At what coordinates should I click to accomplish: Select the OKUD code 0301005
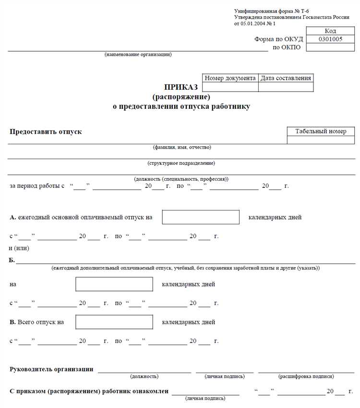pos(330,39)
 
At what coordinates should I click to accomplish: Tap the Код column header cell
pos(330,31)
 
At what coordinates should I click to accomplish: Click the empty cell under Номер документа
pos(230,87)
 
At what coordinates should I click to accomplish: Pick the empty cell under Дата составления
pos(286,87)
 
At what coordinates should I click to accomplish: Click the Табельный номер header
pos(321,131)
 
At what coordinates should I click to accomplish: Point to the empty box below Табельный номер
pos(321,140)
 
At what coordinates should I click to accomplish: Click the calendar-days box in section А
pos(201,217)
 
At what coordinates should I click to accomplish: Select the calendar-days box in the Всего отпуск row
pos(114,322)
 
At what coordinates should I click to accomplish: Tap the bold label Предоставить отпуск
pos(46,131)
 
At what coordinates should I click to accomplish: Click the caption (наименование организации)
pos(138,54)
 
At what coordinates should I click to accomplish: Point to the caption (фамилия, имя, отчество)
pos(182,147)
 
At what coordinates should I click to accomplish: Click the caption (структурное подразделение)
pos(181,163)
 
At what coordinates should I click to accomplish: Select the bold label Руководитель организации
pos(51,369)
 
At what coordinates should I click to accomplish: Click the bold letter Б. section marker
pos(12,260)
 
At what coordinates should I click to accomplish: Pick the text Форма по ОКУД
pos(278,39)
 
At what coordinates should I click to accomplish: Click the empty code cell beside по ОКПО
pos(330,47)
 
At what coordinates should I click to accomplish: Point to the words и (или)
pos(18,248)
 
